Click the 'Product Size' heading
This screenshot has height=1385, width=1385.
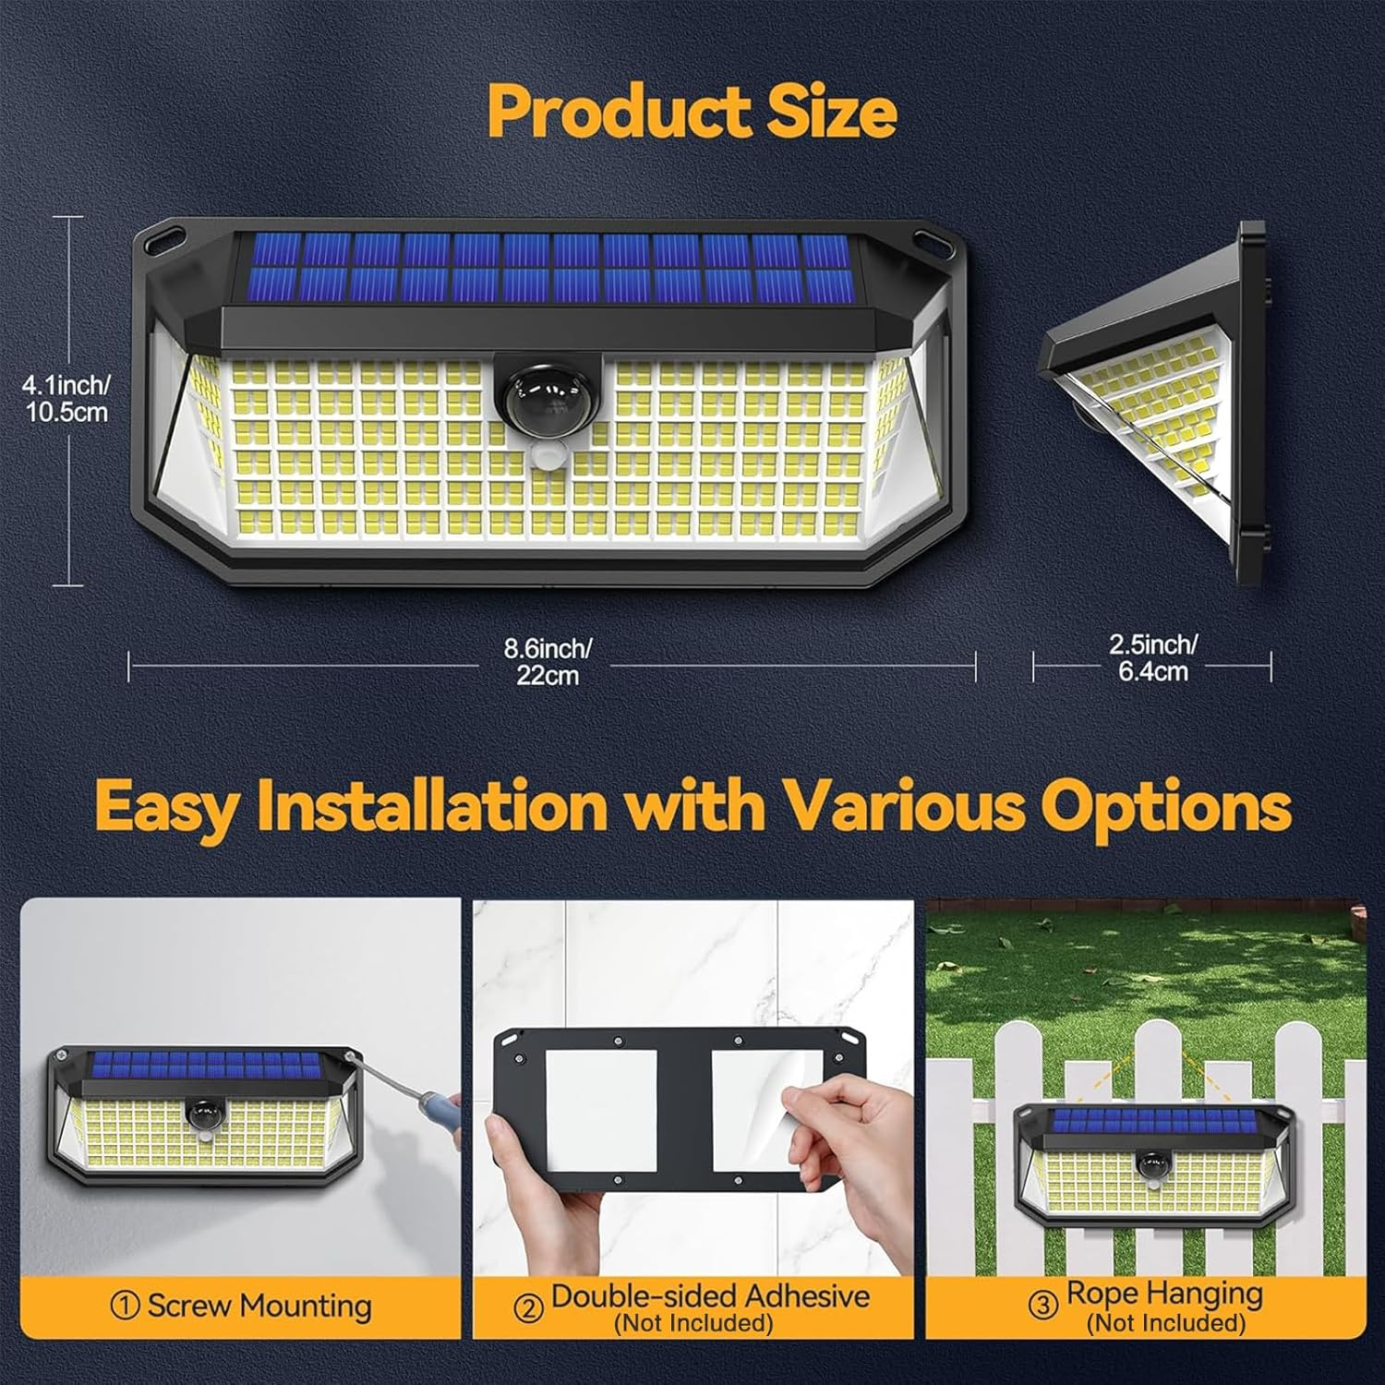[692, 112]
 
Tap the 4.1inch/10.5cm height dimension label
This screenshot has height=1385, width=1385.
[66, 398]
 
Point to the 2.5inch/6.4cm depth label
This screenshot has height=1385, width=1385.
[1152, 657]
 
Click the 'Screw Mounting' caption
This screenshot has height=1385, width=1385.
[259, 1307]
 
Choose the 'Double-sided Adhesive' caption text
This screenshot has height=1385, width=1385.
[709, 1296]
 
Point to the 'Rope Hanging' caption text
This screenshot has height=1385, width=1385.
[1163, 1295]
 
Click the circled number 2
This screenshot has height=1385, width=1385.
[528, 1308]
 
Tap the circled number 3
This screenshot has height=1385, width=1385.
[1043, 1307]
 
